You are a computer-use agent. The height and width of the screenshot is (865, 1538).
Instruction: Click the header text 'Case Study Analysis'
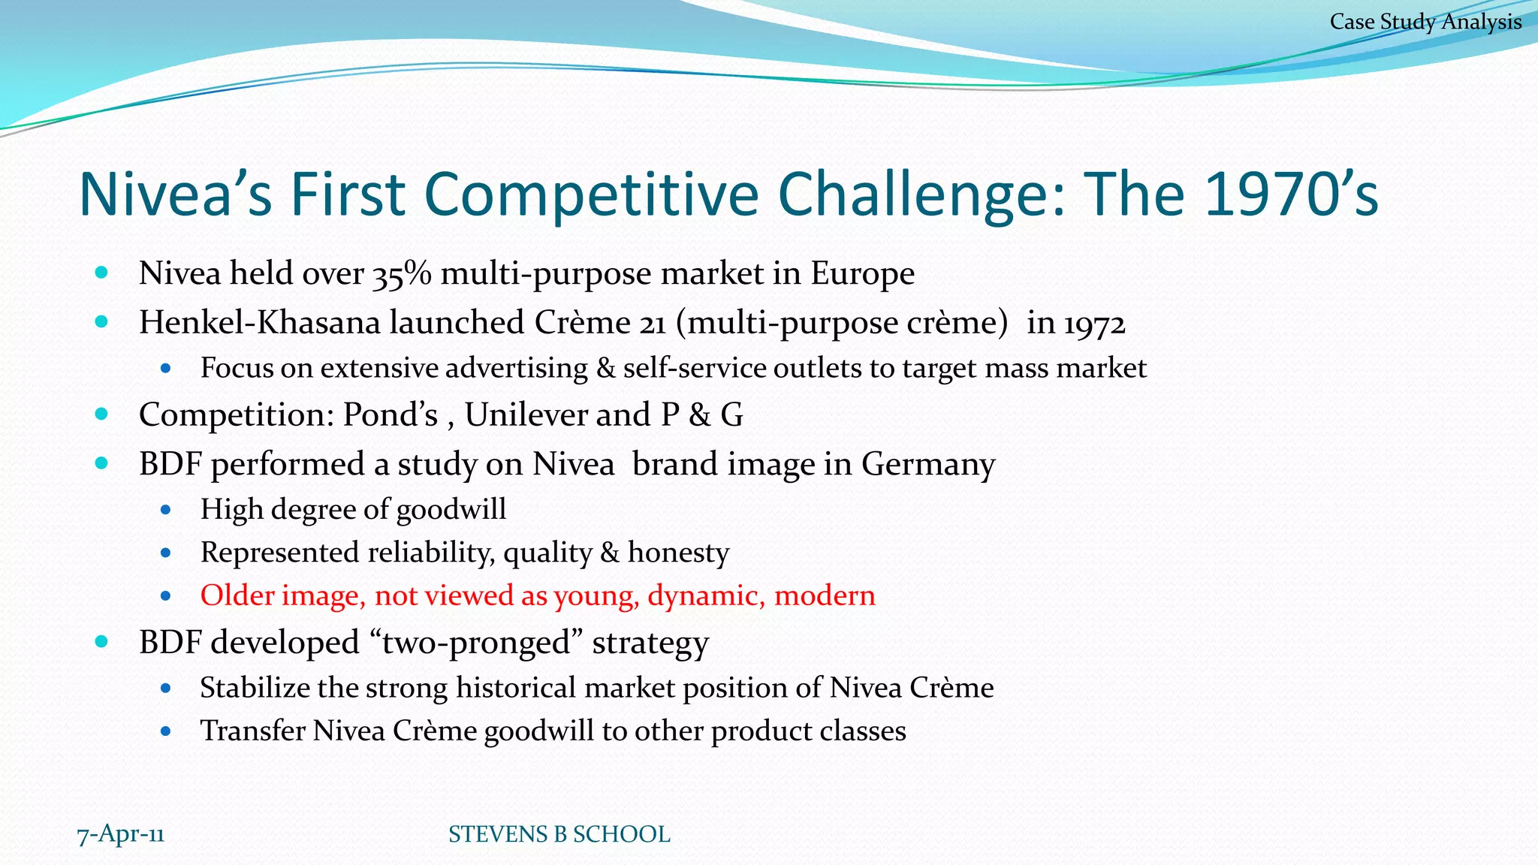click(x=1425, y=22)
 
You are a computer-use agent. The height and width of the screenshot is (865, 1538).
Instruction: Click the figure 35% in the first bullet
click(x=402, y=274)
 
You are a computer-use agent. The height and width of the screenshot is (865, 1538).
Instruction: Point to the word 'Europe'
click(x=862, y=274)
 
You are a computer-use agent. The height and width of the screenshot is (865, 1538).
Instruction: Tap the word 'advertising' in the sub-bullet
click(x=517, y=368)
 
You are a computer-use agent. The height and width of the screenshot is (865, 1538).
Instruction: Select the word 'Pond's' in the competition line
click(x=391, y=414)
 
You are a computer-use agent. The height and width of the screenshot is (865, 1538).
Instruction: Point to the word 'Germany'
click(x=928, y=464)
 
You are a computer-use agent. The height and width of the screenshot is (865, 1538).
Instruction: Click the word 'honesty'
click(x=678, y=553)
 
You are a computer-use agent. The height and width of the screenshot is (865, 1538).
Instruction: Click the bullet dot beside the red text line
click(x=166, y=596)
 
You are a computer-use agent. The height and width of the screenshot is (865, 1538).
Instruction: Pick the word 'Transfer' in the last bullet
click(x=252, y=731)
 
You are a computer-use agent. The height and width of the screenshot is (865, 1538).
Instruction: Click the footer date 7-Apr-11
click(x=121, y=833)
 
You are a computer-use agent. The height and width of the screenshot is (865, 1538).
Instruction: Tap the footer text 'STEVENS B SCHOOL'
click(x=559, y=834)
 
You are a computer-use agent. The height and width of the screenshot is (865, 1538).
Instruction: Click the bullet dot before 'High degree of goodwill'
click(x=166, y=511)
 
